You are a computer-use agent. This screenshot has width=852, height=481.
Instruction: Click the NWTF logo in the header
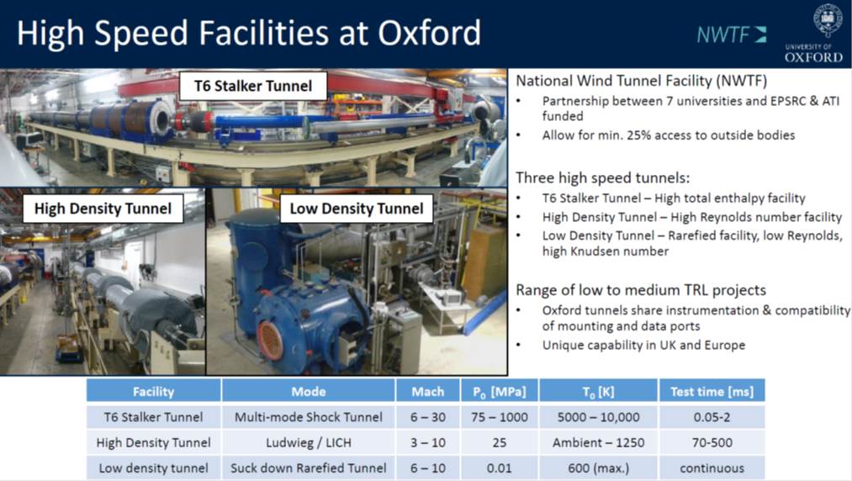coord(732,34)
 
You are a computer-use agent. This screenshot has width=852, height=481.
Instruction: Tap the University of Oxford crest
coord(827,21)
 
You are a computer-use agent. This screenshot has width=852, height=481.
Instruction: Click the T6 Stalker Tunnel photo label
coord(253,86)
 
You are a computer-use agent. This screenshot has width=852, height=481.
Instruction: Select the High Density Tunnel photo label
coord(103,209)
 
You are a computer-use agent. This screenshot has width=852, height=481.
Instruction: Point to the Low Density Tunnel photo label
coord(357,209)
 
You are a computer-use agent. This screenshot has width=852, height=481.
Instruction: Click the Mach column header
coord(427,391)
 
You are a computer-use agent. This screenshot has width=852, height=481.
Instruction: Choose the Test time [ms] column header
coord(712,391)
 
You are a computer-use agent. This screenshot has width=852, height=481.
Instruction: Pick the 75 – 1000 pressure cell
coord(500,417)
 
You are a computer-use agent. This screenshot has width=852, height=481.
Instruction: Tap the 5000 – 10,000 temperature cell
coord(598,417)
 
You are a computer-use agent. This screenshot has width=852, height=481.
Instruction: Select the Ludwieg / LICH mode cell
coord(308,442)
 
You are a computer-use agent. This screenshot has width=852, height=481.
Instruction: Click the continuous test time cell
coord(712,468)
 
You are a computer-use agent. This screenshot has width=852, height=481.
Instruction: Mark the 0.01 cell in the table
coord(500,468)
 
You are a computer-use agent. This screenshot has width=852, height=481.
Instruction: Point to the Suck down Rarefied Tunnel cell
coord(308,468)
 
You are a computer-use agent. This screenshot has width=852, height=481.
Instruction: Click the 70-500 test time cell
coord(712,442)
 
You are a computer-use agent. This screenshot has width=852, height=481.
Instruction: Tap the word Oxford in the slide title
coord(429,33)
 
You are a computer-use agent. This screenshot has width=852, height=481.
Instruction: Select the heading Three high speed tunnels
coord(602,177)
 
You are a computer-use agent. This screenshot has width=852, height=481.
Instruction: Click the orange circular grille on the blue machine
coord(269,341)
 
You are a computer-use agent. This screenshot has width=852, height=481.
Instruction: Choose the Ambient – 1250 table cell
coord(598,442)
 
